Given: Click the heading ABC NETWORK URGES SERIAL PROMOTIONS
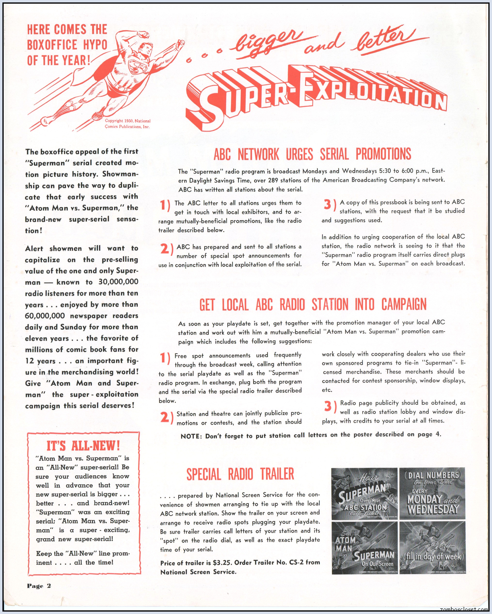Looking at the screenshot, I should (312, 154).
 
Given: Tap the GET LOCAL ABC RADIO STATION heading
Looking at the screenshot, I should (313, 304).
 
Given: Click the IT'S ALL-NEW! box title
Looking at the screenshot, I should (83, 446).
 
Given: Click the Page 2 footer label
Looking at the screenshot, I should (39, 586).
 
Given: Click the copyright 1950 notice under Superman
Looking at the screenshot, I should (127, 124).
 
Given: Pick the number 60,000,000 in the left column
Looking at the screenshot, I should (45, 316).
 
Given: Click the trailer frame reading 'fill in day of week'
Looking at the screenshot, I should (432, 548).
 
